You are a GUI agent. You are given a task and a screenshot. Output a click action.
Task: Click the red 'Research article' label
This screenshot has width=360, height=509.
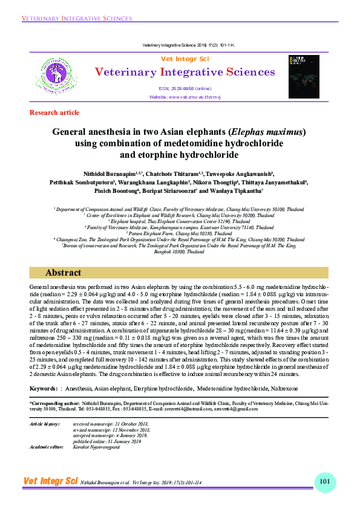(54, 112)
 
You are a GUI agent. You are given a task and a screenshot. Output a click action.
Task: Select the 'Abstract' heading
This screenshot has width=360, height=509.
(63, 273)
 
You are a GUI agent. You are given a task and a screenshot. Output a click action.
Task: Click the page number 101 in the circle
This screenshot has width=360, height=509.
(324, 481)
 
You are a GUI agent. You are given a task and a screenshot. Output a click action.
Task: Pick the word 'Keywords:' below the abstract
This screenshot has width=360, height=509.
(44, 387)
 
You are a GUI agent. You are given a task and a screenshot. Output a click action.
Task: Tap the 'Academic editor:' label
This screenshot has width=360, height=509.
(47, 446)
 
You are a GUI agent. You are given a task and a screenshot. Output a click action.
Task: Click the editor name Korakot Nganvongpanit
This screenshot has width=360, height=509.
(99, 446)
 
